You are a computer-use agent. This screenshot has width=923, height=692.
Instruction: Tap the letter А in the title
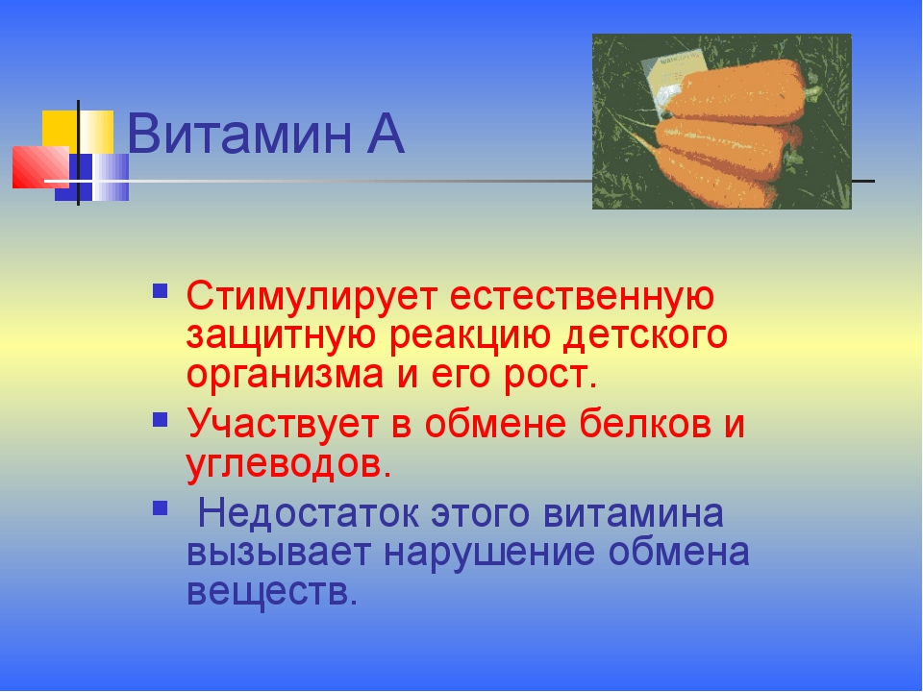[x=382, y=136]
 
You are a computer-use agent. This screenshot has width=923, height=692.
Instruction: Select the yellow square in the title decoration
[x=60, y=129]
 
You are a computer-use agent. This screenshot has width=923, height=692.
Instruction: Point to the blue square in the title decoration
[x=91, y=177]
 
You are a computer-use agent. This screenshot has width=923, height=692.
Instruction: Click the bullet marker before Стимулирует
[x=161, y=289]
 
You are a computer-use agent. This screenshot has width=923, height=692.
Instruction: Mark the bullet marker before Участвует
[x=161, y=420]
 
